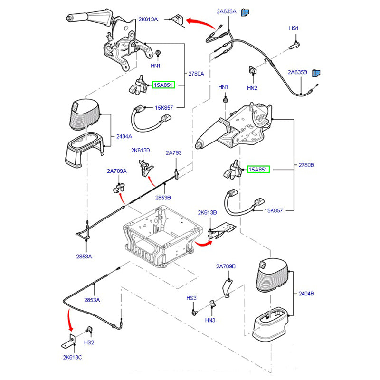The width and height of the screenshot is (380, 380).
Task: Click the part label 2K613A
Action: [x=149, y=19]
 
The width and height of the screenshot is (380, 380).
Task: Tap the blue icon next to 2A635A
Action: [x=246, y=13]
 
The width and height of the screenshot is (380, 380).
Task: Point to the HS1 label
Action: [x=294, y=28]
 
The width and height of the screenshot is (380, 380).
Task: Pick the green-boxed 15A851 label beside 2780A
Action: [x=163, y=85]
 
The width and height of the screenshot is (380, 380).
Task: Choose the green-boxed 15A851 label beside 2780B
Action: [x=258, y=169]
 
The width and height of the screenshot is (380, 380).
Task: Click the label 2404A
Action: [x=124, y=137]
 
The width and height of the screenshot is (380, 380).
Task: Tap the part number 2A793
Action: [x=174, y=153]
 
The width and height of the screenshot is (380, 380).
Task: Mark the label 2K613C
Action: [x=72, y=357]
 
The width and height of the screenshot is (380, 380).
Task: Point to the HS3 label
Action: [x=191, y=298]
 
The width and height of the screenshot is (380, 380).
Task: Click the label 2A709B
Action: [x=226, y=266]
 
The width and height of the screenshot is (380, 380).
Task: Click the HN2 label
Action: [x=252, y=88]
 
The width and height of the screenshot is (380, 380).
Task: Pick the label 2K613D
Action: [x=141, y=151]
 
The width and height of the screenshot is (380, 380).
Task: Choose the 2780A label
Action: [x=196, y=74]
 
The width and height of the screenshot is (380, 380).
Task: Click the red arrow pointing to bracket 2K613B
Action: [x=203, y=244]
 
